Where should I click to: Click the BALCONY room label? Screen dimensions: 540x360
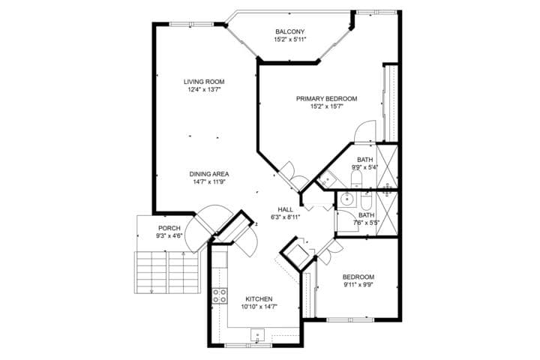(x=289, y=31)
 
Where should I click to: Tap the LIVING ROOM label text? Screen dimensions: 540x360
(x=204, y=82)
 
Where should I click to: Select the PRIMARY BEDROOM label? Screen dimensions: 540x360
(x=326, y=99)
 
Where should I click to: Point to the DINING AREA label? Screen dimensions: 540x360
(x=209, y=174)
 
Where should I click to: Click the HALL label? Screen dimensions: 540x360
(x=285, y=209)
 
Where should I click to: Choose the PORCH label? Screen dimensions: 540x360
(x=169, y=228)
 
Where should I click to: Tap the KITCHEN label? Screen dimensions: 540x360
(x=259, y=299)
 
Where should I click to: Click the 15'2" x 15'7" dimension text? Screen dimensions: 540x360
(x=326, y=106)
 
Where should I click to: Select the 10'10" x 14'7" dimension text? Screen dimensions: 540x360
(x=259, y=307)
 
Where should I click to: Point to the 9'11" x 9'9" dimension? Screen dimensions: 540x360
(x=358, y=284)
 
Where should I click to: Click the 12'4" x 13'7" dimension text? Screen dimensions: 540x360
(x=204, y=89)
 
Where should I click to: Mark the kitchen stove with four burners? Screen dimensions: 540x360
(x=220, y=295)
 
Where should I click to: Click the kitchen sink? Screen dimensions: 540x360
(x=257, y=334)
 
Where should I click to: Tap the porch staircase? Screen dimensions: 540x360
(x=167, y=272)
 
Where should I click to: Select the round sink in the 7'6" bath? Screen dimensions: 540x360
(x=345, y=199)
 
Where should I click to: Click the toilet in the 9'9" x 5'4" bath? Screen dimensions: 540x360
(x=355, y=178)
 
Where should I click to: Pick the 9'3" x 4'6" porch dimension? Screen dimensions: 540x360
(x=169, y=236)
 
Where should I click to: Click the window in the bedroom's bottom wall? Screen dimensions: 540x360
(x=350, y=319)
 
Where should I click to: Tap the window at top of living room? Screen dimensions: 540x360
(x=191, y=24)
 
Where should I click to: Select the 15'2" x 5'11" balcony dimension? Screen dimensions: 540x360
(x=289, y=39)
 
